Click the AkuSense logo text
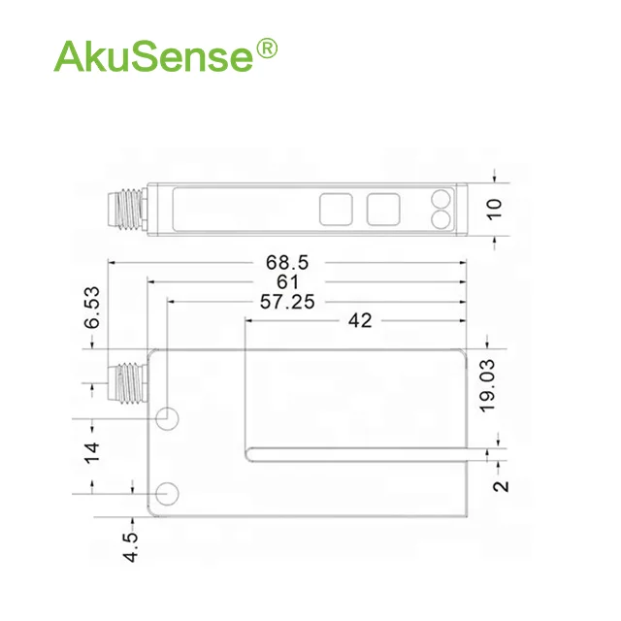[153, 56]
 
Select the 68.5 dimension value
[287, 263]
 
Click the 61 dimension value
[287, 282]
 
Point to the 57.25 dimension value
[287, 302]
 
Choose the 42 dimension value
[360, 320]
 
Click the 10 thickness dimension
[495, 210]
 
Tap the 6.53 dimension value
[92, 308]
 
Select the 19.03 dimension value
[487, 386]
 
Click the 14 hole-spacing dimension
[92, 453]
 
